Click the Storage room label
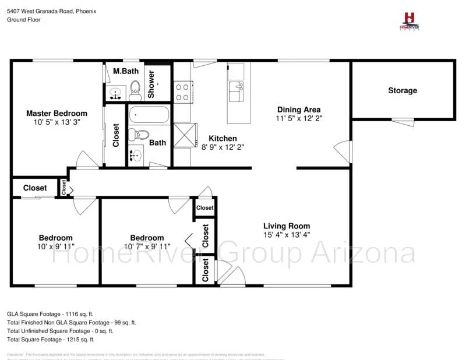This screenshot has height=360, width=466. (403, 90)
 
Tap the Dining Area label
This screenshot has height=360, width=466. (299, 110)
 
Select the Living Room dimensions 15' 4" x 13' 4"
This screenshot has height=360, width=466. (287, 235)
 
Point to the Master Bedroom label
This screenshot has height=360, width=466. (57, 114)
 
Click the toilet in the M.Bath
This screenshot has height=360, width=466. (135, 89)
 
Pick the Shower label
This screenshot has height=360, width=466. (151, 84)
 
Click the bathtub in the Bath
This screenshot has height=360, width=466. (149, 115)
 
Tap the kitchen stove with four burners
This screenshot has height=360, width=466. (182, 90)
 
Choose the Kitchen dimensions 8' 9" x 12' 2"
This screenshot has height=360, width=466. (223, 147)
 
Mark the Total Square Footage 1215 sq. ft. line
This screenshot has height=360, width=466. (51, 339)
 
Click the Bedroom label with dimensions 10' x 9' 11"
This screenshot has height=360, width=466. (56, 238)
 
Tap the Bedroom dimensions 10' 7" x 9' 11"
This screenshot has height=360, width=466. (147, 246)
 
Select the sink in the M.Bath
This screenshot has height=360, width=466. (115, 93)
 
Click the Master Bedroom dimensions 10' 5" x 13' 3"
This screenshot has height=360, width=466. (57, 123)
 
